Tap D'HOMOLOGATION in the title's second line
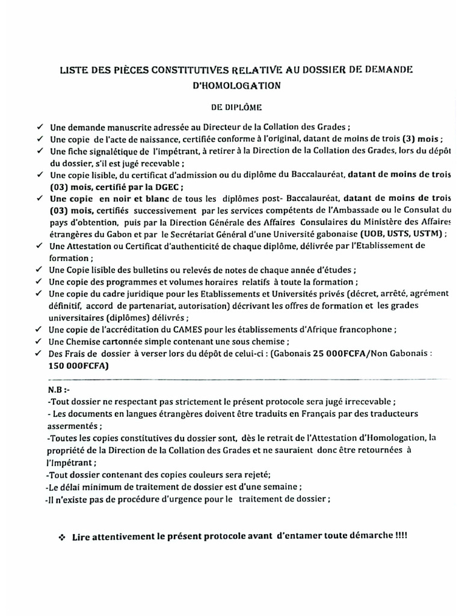[236, 86]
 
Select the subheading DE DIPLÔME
[236, 108]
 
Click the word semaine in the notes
[279, 486]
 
